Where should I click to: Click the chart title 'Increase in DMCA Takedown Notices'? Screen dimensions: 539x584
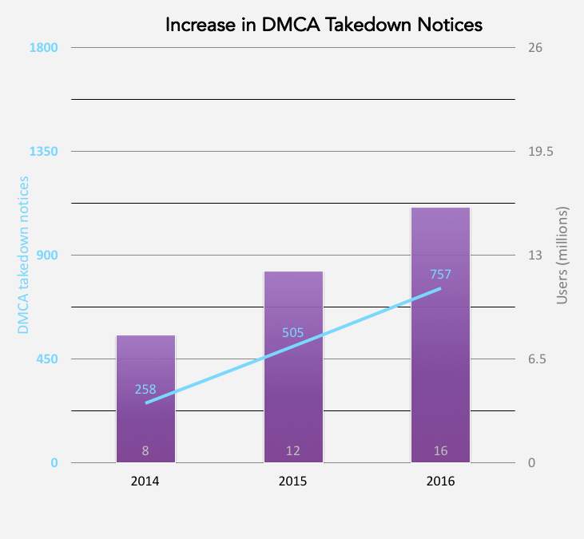click(x=324, y=25)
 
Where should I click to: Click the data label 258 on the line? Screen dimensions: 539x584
click(x=145, y=390)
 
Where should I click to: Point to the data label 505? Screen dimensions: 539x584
click(x=293, y=332)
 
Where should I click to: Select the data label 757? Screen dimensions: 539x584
click(x=440, y=275)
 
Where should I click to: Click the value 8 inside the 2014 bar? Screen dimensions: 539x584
click(x=145, y=450)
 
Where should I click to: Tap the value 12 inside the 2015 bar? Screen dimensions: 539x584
click(x=293, y=450)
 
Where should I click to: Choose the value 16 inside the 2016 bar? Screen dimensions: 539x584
click(x=440, y=450)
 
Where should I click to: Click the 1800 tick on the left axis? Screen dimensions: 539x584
click(x=43, y=48)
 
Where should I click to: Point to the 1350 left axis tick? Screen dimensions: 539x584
click(x=43, y=152)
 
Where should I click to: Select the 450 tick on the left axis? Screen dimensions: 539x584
click(x=46, y=359)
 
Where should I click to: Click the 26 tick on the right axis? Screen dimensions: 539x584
click(x=535, y=48)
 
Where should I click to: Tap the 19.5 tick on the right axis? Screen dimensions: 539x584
click(x=540, y=152)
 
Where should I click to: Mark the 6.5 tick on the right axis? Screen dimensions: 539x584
click(x=537, y=359)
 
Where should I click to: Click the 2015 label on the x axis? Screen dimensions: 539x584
click(x=293, y=482)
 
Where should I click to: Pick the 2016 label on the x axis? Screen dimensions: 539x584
click(x=440, y=482)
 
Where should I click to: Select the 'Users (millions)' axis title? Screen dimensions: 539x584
click(x=562, y=256)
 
